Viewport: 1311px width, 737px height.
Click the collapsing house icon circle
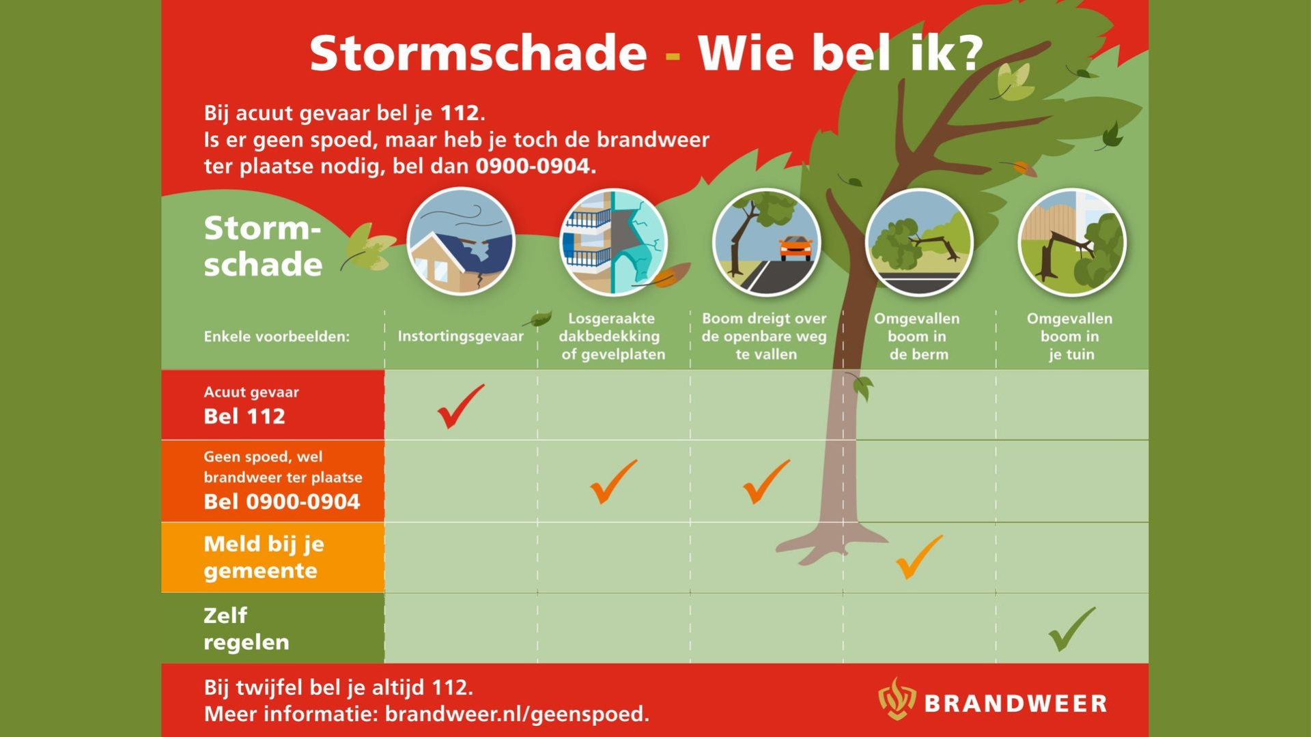461,242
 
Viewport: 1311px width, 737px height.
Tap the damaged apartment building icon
613,242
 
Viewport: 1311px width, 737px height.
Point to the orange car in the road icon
795,247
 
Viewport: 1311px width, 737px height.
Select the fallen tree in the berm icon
919,242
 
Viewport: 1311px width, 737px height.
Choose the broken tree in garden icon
1071,242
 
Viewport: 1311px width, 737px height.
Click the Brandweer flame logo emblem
897,699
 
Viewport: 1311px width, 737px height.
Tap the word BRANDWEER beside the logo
1015,704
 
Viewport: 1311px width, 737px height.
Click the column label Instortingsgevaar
460,336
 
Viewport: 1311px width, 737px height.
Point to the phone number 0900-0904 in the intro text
533,166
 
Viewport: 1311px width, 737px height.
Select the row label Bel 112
244,416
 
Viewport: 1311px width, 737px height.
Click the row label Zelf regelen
246,628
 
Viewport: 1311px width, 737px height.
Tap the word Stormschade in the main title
478,53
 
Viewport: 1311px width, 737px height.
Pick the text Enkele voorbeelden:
277,336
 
